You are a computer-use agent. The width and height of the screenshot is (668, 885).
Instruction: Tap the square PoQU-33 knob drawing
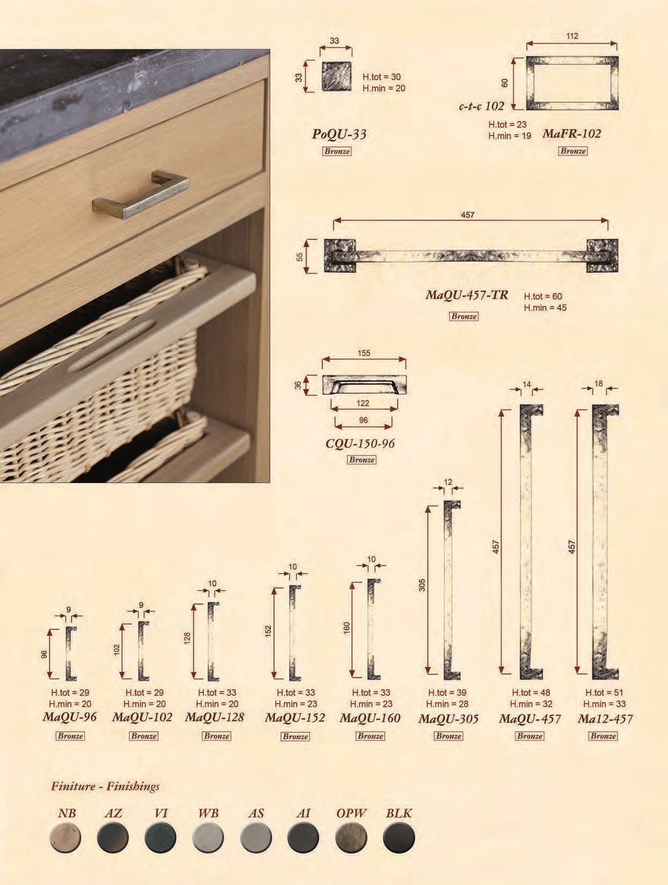point(336,76)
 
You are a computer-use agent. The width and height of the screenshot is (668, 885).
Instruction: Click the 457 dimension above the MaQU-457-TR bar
point(467,215)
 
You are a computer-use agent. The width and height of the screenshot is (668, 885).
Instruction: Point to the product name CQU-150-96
point(360,443)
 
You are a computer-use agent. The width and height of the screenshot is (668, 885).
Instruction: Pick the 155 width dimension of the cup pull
point(364,353)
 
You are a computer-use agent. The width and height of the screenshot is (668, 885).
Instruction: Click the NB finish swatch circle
point(65,838)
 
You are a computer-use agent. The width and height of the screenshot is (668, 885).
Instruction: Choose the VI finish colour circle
point(160,838)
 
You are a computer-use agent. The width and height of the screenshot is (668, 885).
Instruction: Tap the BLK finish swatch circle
point(399,838)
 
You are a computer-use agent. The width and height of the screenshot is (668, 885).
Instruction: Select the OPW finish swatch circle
point(351,838)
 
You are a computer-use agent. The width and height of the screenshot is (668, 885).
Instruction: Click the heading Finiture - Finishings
point(105,786)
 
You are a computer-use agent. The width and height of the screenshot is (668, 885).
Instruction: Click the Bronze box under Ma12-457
point(603,736)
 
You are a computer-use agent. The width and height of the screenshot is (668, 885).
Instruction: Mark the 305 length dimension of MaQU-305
point(421,585)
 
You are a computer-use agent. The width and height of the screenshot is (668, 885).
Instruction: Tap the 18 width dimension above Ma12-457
point(599,384)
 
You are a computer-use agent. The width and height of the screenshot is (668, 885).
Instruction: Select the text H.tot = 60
point(543,296)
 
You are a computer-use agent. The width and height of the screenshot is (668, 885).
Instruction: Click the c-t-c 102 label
point(482,106)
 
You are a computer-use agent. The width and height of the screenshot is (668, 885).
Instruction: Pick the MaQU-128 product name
point(214,717)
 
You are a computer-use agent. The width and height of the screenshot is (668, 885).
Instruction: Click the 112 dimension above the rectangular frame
point(572,36)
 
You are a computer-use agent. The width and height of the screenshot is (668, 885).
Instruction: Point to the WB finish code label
point(208,813)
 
